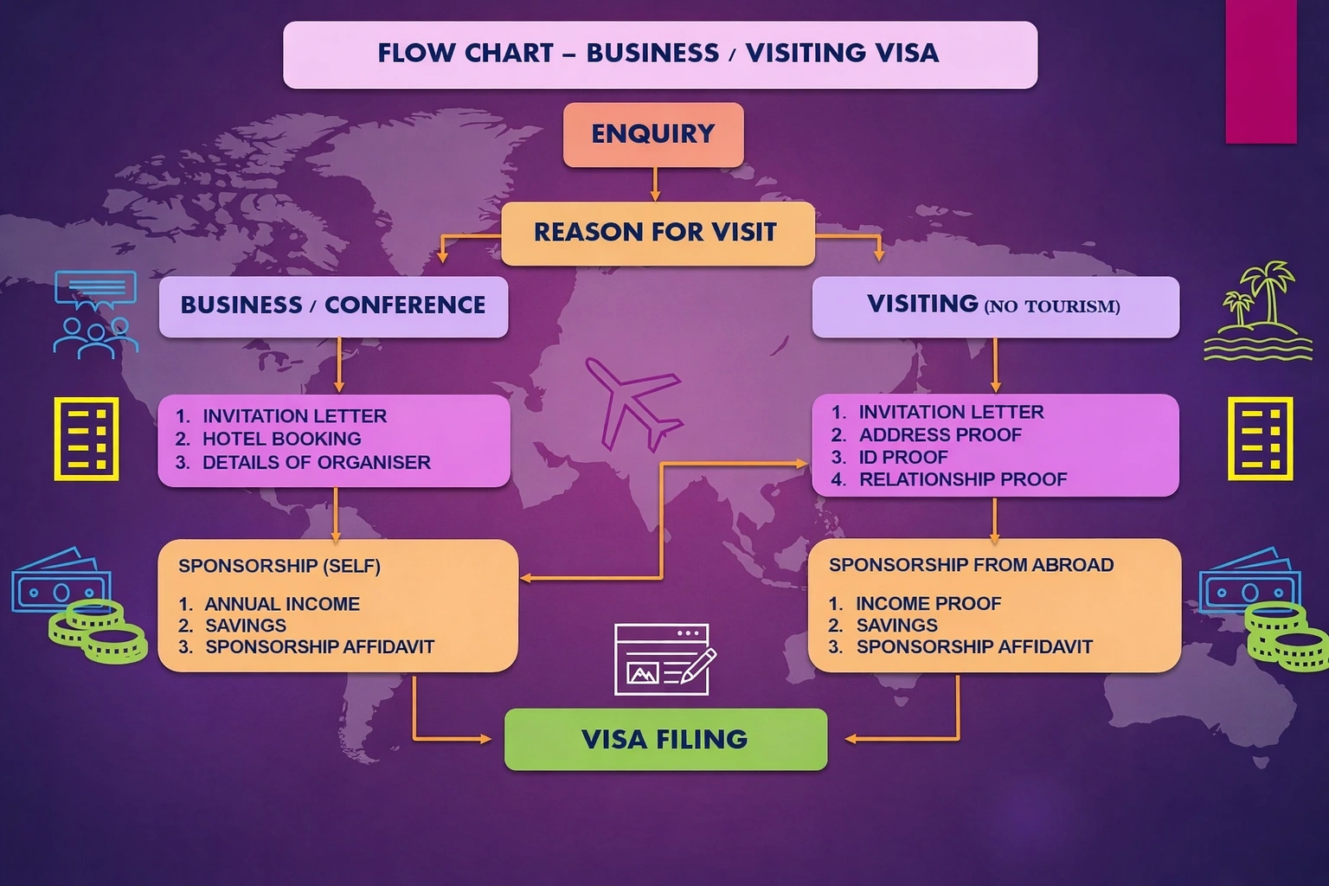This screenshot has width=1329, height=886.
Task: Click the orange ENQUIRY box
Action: (x=653, y=134)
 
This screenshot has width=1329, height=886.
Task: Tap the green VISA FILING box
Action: (x=665, y=739)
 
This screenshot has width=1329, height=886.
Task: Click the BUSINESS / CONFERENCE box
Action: (x=333, y=306)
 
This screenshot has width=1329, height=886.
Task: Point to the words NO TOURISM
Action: (x=1052, y=306)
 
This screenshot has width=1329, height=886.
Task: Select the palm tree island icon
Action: (x=1257, y=311)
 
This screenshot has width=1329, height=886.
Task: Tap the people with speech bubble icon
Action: (x=94, y=314)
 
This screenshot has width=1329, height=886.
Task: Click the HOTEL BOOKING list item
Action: (x=281, y=439)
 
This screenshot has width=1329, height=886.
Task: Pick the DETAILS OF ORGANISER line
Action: (x=316, y=462)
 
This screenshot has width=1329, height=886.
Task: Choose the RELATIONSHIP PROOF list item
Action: (x=962, y=479)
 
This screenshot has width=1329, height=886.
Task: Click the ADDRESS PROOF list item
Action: (x=940, y=434)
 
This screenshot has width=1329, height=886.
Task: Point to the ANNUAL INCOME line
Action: (x=281, y=604)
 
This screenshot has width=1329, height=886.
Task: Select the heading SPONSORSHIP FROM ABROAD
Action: (x=971, y=565)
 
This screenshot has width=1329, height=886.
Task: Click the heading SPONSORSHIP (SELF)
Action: (x=279, y=566)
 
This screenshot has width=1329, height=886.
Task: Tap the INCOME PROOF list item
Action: (x=928, y=603)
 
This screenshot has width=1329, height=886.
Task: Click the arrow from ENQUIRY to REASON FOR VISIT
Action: (x=655, y=184)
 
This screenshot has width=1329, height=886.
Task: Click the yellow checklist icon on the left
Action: (x=87, y=439)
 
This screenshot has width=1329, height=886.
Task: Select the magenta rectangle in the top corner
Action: (x=1261, y=71)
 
